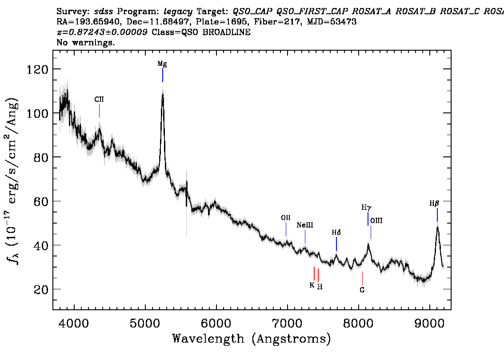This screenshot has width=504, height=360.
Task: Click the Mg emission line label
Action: coord(162,64)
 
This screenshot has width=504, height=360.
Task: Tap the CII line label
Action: coord(99,99)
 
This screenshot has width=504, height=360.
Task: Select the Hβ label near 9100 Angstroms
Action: coord(434,204)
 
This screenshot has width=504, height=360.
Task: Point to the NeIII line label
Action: coord(305,225)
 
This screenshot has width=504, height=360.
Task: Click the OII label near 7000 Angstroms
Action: coord(286,218)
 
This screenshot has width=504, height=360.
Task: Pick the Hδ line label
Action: coord(336,232)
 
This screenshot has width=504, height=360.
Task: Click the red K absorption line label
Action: coord(312,285)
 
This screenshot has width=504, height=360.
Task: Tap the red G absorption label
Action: coord(362,290)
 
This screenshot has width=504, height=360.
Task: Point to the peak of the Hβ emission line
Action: coord(437,227)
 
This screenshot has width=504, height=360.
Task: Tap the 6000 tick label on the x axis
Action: coord(216,323)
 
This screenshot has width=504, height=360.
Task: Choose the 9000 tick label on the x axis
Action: coord(429,323)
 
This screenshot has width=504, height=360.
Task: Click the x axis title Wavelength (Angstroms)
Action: coord(252,339)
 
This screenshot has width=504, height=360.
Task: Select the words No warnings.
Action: coord(85,42)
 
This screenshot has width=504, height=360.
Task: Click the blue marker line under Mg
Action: coord(163,75)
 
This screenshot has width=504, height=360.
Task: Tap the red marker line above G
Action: coord(362,278)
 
